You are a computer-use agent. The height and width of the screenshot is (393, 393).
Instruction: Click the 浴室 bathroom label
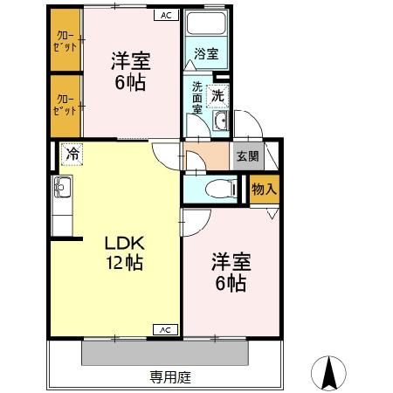[206, 54]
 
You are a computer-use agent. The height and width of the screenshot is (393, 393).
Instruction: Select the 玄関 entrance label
[245, 157]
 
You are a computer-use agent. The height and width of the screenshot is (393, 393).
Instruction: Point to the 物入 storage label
[264, 188]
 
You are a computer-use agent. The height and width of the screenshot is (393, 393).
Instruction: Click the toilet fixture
[218, 188]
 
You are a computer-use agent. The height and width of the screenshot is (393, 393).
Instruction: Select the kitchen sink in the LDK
[62, 186]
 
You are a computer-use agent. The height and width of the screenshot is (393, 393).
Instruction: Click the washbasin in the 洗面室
[219, 121]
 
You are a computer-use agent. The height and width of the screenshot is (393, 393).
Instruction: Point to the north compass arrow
[331, 373]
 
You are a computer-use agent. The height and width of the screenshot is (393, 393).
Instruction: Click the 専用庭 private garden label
[169, 377]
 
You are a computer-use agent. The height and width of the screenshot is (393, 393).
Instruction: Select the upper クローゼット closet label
[65, 41]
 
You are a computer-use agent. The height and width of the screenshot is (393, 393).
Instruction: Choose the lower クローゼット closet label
[65, 106]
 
